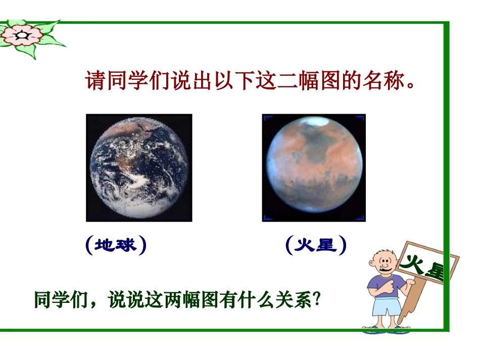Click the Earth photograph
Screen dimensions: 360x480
[139, 168]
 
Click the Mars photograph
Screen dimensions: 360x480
[313, 168]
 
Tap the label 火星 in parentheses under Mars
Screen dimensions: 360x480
[316, 245]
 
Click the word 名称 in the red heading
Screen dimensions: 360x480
[382, 81]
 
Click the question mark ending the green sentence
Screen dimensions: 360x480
[317, 299]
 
